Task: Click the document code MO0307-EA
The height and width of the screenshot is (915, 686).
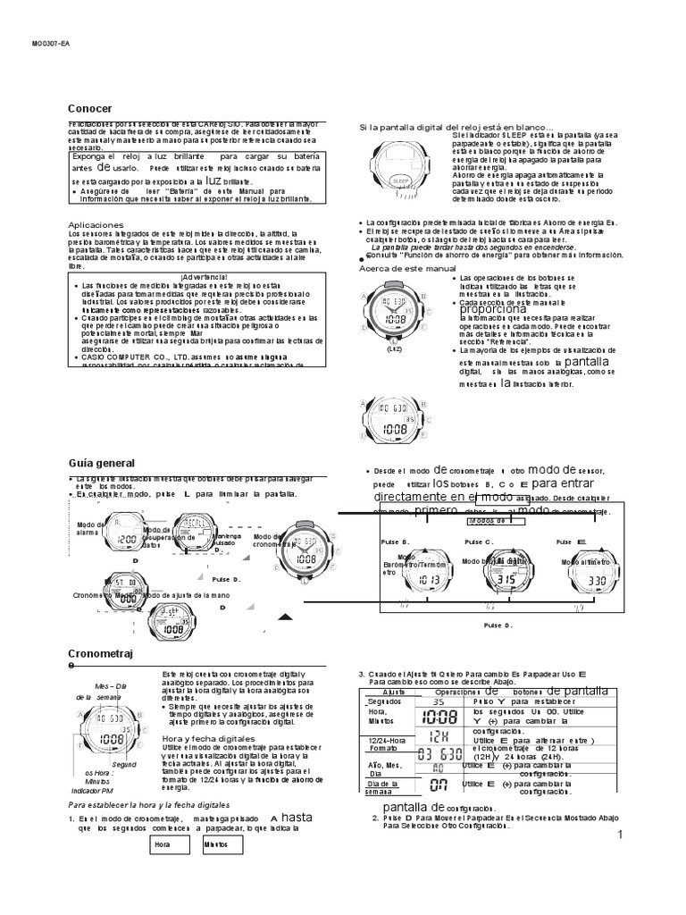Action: coord(51,42)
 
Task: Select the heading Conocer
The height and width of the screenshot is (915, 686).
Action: coord(90,108)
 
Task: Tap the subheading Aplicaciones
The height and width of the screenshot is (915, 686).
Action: coord(96,224)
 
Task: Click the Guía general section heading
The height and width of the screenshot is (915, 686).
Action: coord(101,463)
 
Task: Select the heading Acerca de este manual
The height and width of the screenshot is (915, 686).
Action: coord(406,269)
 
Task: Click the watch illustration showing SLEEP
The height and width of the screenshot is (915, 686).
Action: coord(399,166)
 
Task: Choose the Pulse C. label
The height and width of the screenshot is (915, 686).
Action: coord(478,541)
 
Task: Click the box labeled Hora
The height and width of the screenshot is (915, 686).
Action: coord(163,843)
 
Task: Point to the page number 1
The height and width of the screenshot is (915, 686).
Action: coord(617,835)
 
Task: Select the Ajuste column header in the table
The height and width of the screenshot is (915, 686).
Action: coord(381,693)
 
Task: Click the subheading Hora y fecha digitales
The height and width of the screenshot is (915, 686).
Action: coord(207,739)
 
